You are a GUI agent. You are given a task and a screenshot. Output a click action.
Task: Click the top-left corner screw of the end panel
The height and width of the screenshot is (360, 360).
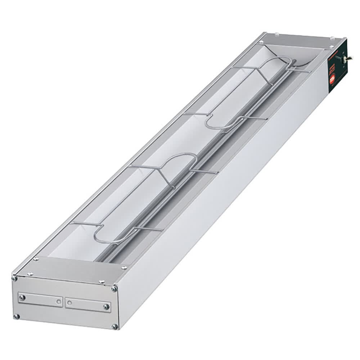15,278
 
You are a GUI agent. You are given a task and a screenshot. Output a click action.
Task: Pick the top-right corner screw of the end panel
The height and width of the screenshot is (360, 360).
114,289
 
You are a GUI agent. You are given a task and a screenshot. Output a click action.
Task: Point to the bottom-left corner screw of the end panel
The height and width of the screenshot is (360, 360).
16,316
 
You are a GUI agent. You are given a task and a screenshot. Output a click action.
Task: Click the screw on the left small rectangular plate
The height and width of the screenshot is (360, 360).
22,297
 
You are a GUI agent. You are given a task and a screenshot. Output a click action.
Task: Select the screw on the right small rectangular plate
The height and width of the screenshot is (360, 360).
106,307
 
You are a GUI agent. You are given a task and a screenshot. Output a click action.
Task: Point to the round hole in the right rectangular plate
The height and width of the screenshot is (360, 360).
69,303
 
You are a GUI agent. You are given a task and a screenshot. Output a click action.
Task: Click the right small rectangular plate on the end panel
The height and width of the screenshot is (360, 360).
88,305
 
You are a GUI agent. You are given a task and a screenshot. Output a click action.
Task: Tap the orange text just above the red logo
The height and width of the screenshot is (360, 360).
332,68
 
